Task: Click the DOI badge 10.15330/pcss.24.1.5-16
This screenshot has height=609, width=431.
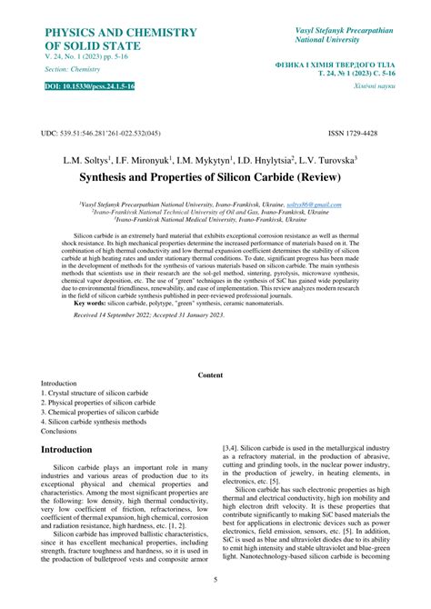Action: click(90, 85)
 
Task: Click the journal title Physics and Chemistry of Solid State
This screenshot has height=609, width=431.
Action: click(120, 38)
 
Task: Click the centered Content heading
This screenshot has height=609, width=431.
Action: click(210, 374)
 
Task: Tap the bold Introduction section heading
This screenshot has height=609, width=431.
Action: click(79, 450)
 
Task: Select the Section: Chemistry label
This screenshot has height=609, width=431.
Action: click(75, 69)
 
